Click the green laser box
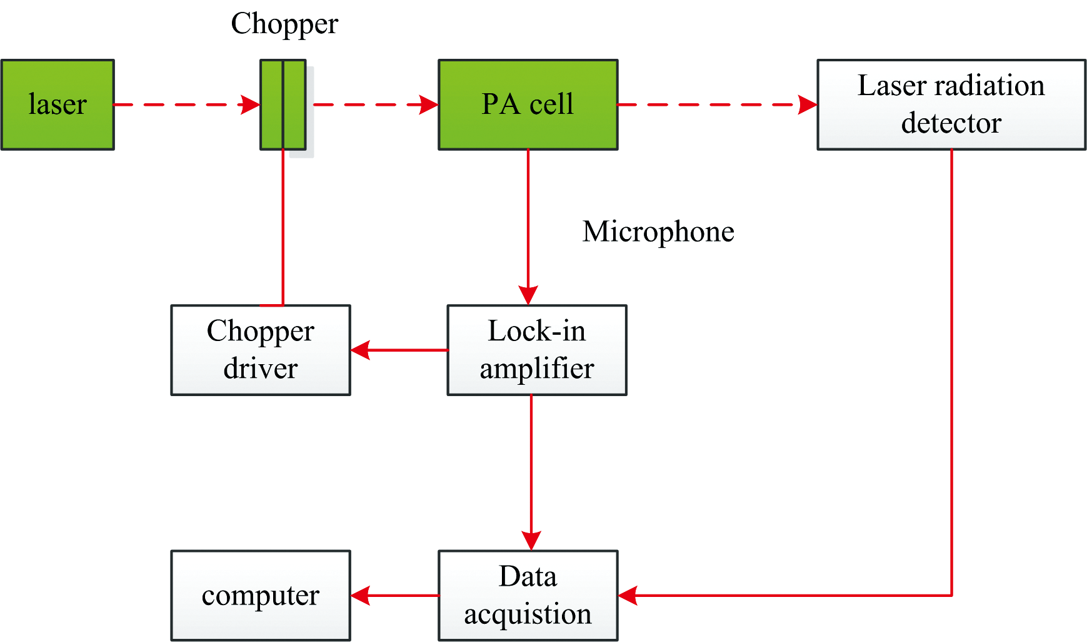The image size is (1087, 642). point(58,104)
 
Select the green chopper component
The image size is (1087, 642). point(283,104)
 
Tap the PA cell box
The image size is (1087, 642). point(528,104)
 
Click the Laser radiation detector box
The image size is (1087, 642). point(951,104)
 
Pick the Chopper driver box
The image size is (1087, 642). point(261,350)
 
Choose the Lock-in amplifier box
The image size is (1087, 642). point(536,350)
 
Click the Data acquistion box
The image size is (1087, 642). point(528,595)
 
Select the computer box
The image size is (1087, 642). point(261,595)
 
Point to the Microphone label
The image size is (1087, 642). point(658,232)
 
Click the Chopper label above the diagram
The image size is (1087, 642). point(284,24)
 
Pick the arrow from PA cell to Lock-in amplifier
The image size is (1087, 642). point(528,225)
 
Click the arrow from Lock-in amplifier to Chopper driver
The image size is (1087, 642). point(400,350)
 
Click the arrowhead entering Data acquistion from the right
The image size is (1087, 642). point(628,595)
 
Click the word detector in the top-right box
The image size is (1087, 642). point(951,123)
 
